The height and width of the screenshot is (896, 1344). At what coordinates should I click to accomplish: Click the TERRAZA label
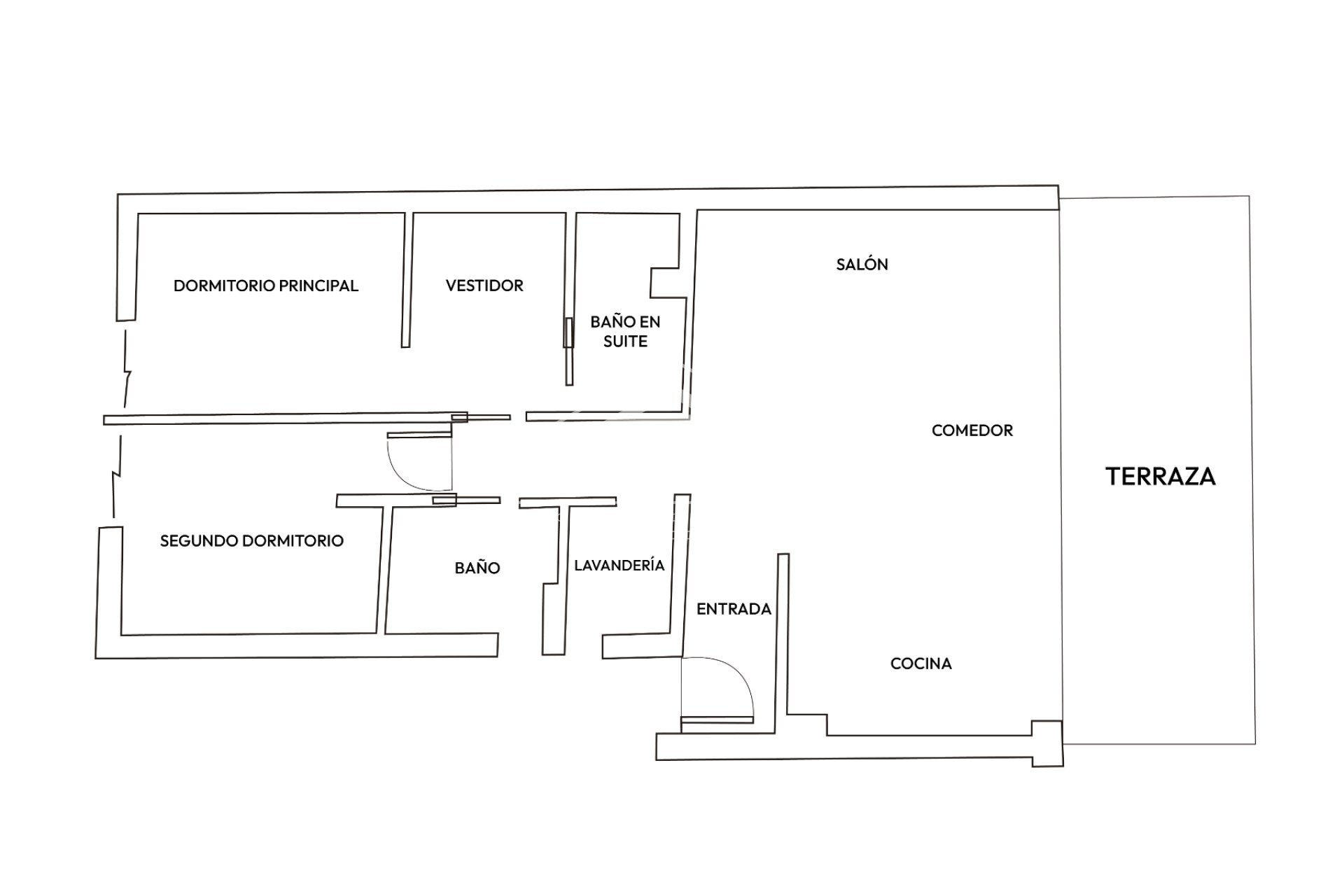click(x=1160, y=476)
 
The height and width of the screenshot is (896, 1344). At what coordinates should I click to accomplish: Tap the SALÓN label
click(x=862, y=265)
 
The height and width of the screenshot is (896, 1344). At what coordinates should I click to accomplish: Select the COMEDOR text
click(x=972, y=430)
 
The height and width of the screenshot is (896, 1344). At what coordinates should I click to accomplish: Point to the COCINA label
click(x=920, y=664)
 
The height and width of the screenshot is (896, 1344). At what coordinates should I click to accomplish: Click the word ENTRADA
click(x=734, y=609)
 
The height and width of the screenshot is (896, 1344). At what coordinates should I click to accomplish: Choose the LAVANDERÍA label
click(x=619, y=565)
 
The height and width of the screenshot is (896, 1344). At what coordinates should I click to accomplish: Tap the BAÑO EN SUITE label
click(x=625, y=331)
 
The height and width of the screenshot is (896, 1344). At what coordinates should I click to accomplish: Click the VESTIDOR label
click(x=484, y=286)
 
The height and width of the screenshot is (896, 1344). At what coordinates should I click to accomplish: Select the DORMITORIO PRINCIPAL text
click(x=265, y=286)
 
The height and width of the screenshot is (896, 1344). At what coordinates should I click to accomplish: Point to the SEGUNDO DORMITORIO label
click(x=251, y=540)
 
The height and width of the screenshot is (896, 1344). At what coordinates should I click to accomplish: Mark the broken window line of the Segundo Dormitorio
click(x=117, y=476)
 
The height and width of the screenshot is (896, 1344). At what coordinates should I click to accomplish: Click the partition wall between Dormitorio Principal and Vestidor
click(x=405, y=280)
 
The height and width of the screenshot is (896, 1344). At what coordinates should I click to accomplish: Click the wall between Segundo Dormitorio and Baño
click(x=384, y=567)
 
